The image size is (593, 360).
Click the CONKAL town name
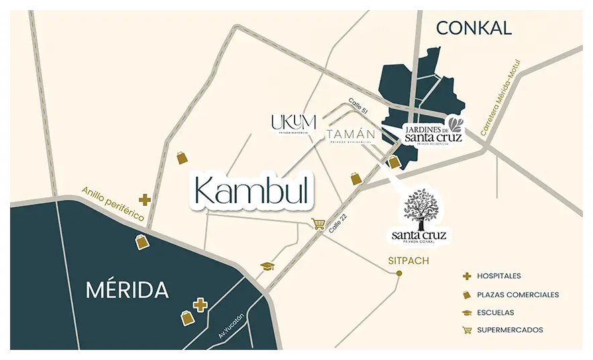click(474, 27)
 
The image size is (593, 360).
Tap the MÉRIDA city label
click(127, 290)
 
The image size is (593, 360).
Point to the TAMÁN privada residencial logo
click(350, 136)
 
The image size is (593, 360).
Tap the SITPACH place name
click(399, 259)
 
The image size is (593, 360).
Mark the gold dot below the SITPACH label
click(399, 273)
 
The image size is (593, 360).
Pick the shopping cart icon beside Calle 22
click(318, 224)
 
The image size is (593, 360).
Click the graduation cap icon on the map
click(268, 266)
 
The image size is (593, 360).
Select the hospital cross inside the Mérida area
click(199, 305)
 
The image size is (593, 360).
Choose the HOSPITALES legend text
click(498, 276)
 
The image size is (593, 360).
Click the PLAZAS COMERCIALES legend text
click(517, 294)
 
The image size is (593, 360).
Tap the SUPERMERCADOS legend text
click(510, 330)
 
